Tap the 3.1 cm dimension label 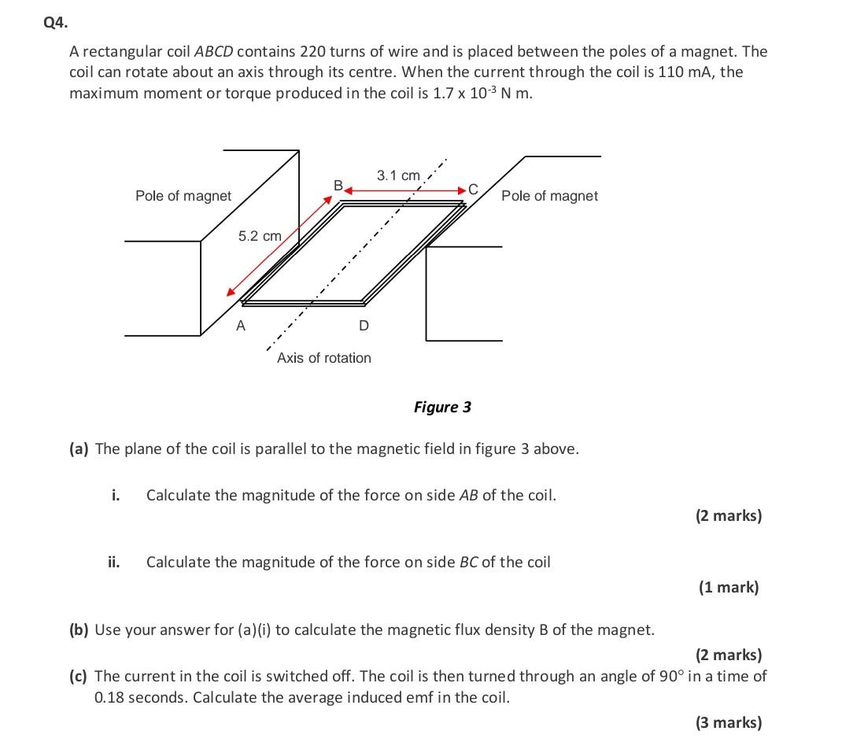(398, 175)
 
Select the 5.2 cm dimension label (260, 235)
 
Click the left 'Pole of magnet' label (183, 195)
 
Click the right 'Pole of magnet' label (549, 195)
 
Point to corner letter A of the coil (241, 325)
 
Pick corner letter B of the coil (338, 186)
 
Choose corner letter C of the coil (472, 189)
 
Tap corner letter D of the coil (363, 325)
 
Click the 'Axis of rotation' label (323, 358)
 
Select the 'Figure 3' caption (442, 407)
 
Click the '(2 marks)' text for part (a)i (728, 516)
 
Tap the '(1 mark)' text (729, 587)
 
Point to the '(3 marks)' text (728, 722)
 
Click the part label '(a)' (79, 449)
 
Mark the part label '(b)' (79, 629)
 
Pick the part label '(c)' (79, 676)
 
